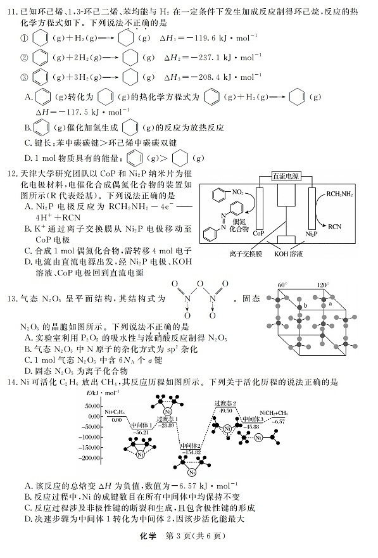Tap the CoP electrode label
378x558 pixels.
click(x=258, y=232)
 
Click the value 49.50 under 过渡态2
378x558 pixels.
click(x=225, y=410)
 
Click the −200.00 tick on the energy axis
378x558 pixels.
click(x=90, y=457)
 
